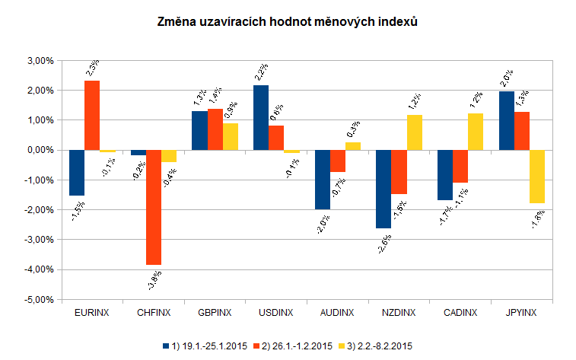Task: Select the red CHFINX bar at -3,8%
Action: click(x=154, y=207)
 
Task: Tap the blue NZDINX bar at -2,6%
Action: click(x=383, y=189)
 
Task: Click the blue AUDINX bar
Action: click(x=322, y=180)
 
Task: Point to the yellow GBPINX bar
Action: click(x=231, y=136)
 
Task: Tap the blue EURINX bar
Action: click(x=76, y=173)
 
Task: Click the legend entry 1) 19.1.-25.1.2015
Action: click(x=205, y=346)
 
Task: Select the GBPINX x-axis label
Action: click(x=215, y=313)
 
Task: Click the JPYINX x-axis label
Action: click(x=522, y=313)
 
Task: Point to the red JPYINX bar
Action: click(x=522, y=131)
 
